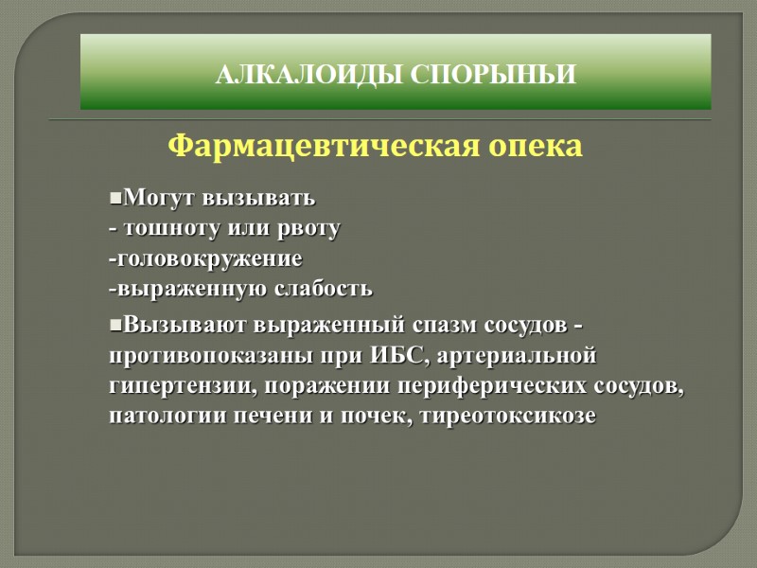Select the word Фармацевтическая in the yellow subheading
322,148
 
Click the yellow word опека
535,148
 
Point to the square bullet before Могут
115,200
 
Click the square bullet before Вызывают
115,325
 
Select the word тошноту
169,228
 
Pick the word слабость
323,287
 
